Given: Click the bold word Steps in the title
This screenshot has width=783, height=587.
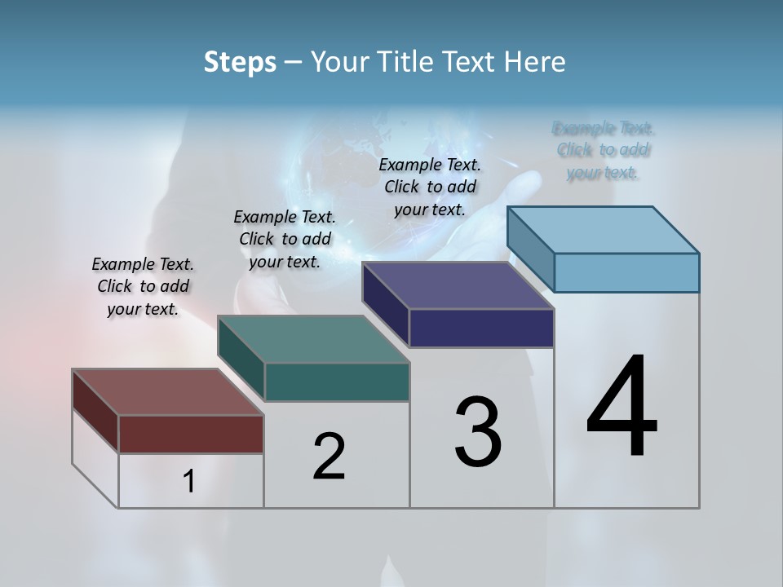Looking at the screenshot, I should pos(240,62).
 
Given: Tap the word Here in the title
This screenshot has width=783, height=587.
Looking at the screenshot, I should pos(535,62).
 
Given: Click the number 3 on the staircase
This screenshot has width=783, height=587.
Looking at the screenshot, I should pos(478,431).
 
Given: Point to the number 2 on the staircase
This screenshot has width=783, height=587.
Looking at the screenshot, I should pos(329,456).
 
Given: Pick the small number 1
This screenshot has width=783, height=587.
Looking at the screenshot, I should pos(188,481).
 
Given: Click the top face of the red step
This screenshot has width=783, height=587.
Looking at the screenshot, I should pos(167,392).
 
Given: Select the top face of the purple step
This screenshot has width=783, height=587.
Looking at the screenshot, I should pos(458,285).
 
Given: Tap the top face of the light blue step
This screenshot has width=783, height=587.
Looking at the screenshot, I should pos(604,230).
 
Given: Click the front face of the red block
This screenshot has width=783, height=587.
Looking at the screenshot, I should pos(191,434).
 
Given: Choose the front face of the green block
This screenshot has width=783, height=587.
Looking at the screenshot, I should pos(337,382).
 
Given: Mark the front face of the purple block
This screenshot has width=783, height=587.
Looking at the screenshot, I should pos(481,328).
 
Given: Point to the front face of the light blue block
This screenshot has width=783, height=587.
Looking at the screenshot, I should pos(626,272).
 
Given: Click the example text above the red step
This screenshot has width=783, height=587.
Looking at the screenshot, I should pos(143,286).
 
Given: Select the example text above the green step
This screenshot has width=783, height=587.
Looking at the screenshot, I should pos(285,239).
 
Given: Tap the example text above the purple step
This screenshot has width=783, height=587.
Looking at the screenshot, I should pos(430,187).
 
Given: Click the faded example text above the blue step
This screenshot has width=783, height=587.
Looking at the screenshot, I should pos(604,150).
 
